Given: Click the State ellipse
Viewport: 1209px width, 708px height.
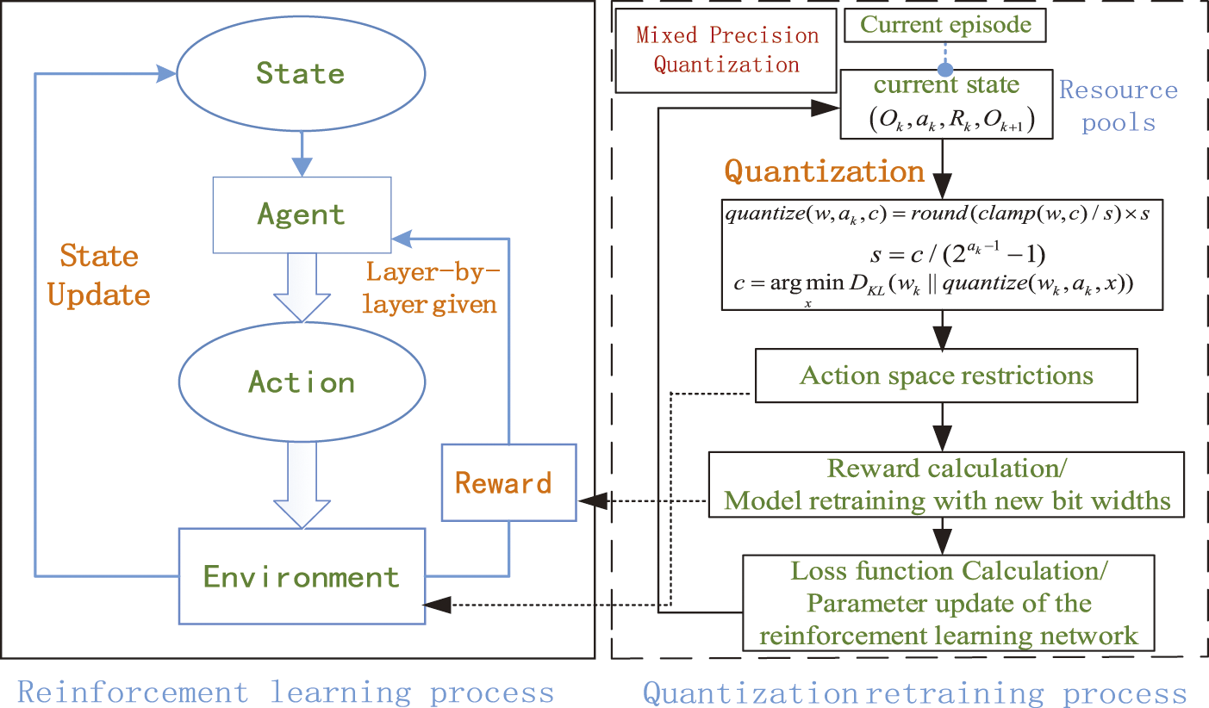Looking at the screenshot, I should (301, 74).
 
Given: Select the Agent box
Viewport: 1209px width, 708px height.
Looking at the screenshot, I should (301, 214).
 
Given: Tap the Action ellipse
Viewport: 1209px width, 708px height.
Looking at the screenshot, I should (301, 382).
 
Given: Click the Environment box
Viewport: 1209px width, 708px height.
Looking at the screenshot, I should (301, 575).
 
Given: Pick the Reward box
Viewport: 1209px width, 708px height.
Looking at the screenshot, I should (508, 482).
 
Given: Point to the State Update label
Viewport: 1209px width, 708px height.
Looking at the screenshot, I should (98, 276).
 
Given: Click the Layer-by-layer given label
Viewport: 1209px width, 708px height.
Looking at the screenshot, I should (430, 288).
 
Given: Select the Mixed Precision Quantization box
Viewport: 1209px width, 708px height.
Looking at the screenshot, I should (726, 50).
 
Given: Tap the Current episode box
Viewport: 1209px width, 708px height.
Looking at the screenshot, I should (946, 25).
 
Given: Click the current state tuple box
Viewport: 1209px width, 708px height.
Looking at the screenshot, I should (945, 104).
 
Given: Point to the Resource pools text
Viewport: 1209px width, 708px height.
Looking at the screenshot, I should (1118, 106).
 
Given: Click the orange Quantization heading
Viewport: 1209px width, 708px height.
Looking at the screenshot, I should (825, 171).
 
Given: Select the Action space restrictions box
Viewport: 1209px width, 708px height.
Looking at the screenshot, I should (946, 376).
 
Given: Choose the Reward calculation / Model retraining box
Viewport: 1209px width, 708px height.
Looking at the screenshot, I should (946, 485).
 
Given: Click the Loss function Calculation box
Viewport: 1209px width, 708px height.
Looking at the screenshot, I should (946, 603).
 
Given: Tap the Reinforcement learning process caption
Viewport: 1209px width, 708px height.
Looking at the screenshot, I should (285, 692).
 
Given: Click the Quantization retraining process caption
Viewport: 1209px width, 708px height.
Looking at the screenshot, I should (914, 692).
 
